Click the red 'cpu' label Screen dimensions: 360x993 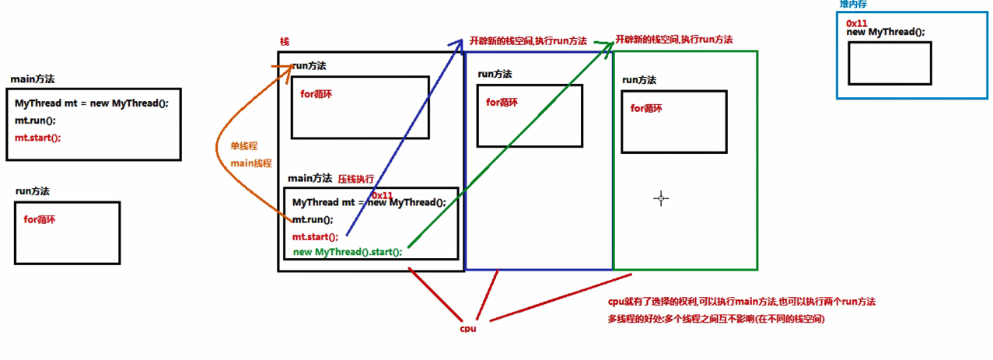click(x=467, y=328)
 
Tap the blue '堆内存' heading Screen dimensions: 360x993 click(x=853, y=5)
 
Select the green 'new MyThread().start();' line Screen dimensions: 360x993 click(x=348, y=252)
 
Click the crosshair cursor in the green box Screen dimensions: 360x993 click(x=661, y=198)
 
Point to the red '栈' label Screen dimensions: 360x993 click(x=284, y=41)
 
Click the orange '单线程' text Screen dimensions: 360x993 click(x=243, y=146)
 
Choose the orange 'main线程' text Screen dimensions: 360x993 click(x=250, y=163)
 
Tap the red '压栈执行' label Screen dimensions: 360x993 click(x=355, y=179)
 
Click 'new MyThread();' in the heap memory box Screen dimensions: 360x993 click(x=886, y=32)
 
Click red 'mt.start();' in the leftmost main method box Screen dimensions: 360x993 click(x=37, y=138)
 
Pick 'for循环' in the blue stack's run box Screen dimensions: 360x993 click(x=502, y=102)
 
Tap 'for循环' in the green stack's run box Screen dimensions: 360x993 click(x=646, y=109)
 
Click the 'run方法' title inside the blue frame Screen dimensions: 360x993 click(x=495, y=74)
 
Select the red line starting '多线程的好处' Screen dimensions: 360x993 click(x=716, y=319)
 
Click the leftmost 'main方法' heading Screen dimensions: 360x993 click(x=33, y=79)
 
